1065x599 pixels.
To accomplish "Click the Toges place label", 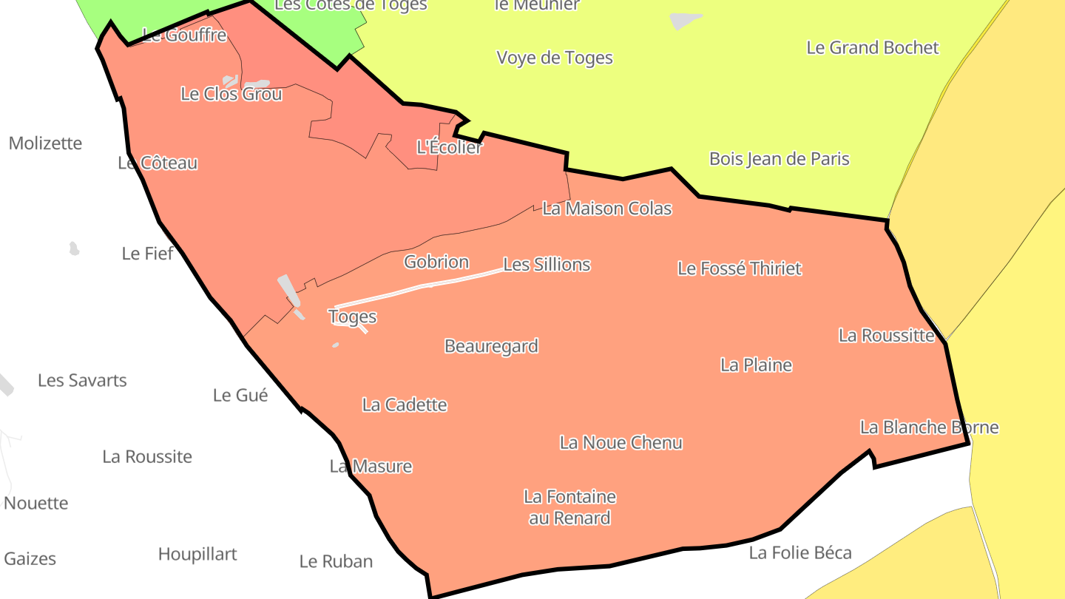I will [352, 317].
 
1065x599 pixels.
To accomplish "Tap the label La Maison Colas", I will [606, 209].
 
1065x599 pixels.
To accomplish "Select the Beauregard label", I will [491, 346].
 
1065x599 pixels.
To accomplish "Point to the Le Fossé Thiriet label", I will [739, 268].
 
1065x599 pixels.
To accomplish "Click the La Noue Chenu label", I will [621, 443].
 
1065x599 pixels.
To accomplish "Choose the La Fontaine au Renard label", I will [569, 507].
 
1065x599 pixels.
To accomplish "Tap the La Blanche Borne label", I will [929, 427].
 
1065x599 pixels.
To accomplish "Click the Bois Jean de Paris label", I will [779, 159].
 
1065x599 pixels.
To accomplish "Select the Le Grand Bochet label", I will [872, 48].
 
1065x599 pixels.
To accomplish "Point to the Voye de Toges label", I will [555, 58].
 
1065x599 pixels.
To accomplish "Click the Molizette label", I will [45, 143].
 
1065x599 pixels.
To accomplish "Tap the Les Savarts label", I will [82, 381].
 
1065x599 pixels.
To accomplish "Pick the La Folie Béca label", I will [800, 552].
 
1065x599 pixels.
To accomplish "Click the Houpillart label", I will [197, 555].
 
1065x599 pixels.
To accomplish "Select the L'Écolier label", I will [450, 147].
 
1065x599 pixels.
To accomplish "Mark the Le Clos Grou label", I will [231, 95].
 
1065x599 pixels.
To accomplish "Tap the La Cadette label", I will [405, 405].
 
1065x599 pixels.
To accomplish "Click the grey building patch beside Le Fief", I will [74, 248].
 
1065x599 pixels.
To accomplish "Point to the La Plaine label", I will [756, 365].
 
